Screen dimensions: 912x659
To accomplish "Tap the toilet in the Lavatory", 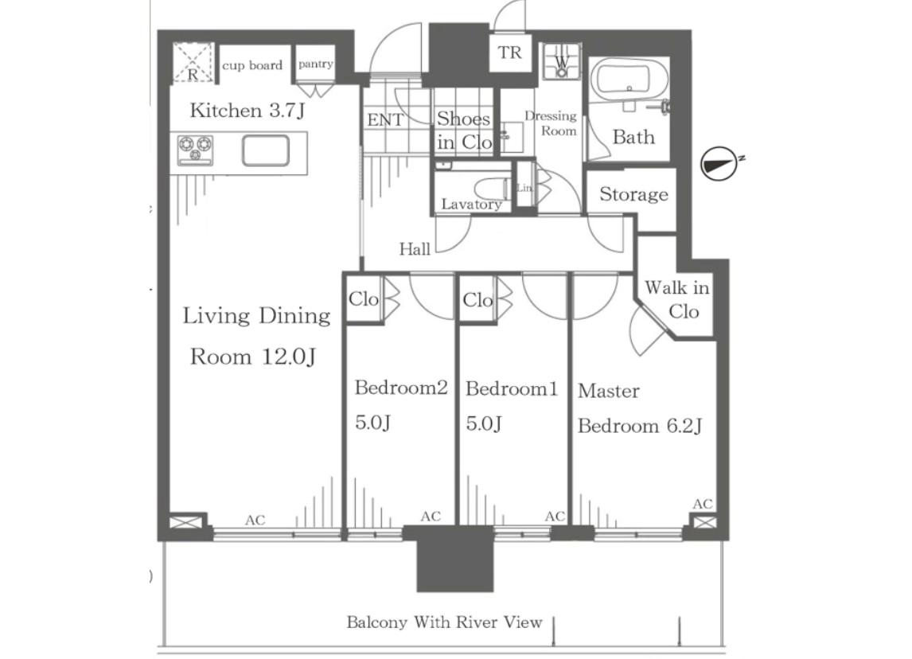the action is pos(493,189).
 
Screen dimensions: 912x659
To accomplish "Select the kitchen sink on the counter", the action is pos(265,150).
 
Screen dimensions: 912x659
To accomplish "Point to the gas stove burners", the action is pos(196,149).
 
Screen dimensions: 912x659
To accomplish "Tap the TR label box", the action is pos(510,53).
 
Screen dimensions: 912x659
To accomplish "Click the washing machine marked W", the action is pos(561,61).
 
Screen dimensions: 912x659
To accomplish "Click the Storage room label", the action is pos(633,193).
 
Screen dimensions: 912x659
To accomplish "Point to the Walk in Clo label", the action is pos(677,299).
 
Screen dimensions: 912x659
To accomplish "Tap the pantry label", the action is pos(316,64).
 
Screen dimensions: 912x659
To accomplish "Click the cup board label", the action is pos(252,65).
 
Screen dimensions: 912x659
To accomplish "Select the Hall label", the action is pos(415,250).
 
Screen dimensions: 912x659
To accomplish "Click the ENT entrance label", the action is pos(385,120).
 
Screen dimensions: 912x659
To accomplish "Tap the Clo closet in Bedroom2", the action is pos(364,299).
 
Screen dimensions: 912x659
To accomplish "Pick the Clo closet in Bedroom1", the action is pos(477,300).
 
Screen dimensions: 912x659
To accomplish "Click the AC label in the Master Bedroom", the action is pos(703,504).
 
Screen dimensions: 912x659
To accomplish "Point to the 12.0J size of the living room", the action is pos(289,357).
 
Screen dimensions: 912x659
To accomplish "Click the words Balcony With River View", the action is pos(444,622).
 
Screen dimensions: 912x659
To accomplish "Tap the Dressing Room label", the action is pos(551,123).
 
